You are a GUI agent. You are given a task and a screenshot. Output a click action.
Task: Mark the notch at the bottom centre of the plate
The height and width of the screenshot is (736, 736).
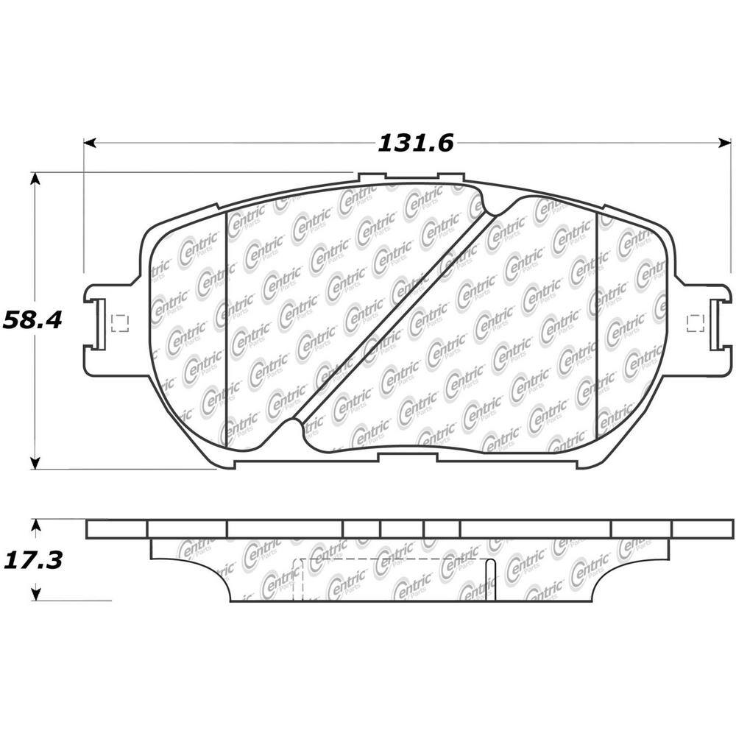pyautogui.click(x=407, y=458)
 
